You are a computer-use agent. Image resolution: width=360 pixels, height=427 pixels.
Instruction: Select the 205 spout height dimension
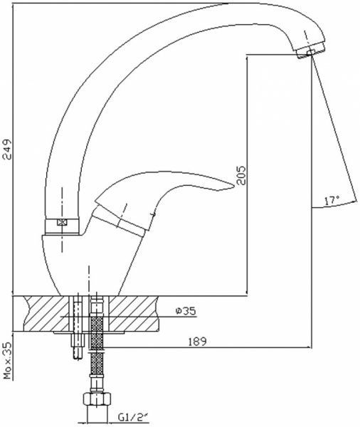240,175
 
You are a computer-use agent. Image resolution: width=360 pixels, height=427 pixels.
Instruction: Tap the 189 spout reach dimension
197,342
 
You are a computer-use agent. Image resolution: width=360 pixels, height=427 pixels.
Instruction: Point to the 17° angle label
332,201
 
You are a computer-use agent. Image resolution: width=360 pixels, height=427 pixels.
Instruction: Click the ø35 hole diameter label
186,311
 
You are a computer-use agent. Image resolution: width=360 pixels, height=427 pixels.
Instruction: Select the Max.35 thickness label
7,360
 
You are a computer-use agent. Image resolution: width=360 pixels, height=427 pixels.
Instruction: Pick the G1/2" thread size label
132,417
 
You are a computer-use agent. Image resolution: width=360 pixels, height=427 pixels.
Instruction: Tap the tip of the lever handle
234,186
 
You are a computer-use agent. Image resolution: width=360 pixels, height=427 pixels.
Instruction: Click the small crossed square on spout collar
62,222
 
